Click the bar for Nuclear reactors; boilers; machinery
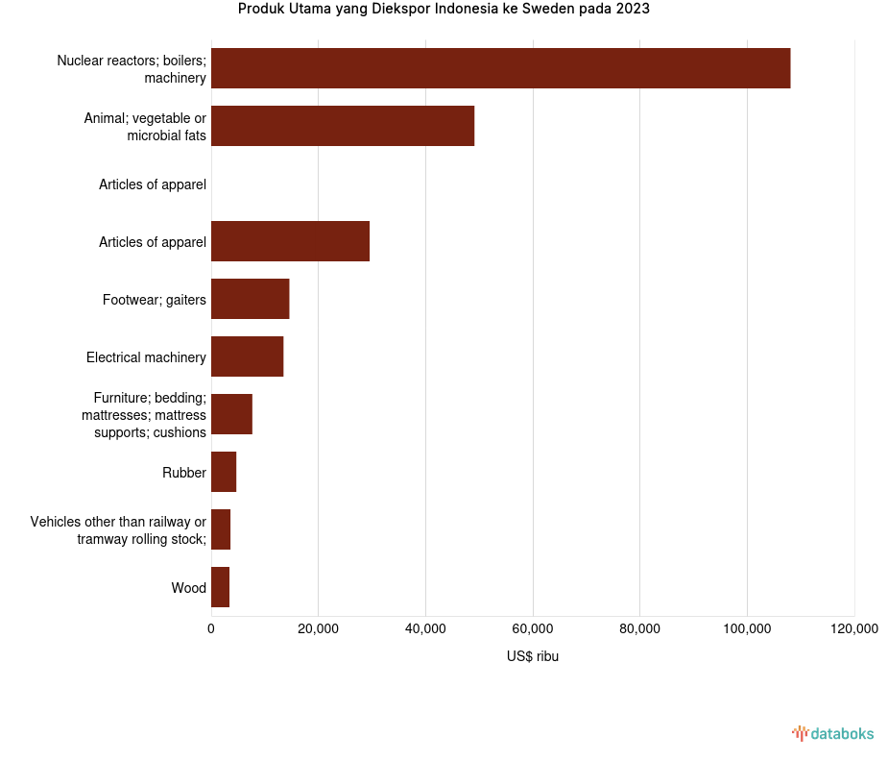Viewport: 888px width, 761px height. click(500, 68)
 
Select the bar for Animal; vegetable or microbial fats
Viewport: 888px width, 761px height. click(343, 126)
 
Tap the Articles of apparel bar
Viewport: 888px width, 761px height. click(290, 241)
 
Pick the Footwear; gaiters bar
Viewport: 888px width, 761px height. click(250, 299)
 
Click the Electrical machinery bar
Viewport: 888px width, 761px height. click(247, 356)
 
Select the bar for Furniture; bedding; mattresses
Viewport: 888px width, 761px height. click(231, 414)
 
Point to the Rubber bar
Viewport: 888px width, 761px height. click(224, 472)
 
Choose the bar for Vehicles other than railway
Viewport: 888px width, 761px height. click(221, 529)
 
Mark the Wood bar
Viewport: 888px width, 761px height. click(220, 587)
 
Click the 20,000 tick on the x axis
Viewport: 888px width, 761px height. click(318, 629)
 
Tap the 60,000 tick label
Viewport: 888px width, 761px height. click(533, 629)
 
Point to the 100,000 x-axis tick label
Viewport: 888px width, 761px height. click(747, 629)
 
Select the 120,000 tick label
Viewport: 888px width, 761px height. click(853, 629)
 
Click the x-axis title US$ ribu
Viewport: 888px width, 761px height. click(532, 657)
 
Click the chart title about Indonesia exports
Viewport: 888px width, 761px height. click(444, 10)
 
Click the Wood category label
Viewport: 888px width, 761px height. click(188, 588)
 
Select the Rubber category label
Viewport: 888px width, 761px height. click(184, 473)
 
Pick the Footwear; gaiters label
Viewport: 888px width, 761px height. click(155, 300)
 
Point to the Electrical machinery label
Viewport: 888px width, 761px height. click(146, 357)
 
